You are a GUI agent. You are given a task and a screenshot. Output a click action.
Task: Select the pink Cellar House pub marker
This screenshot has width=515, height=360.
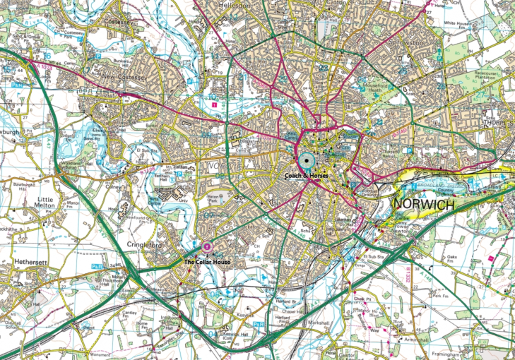coord(206,246)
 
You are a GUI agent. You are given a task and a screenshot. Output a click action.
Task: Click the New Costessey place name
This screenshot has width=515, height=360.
coord(120,76)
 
